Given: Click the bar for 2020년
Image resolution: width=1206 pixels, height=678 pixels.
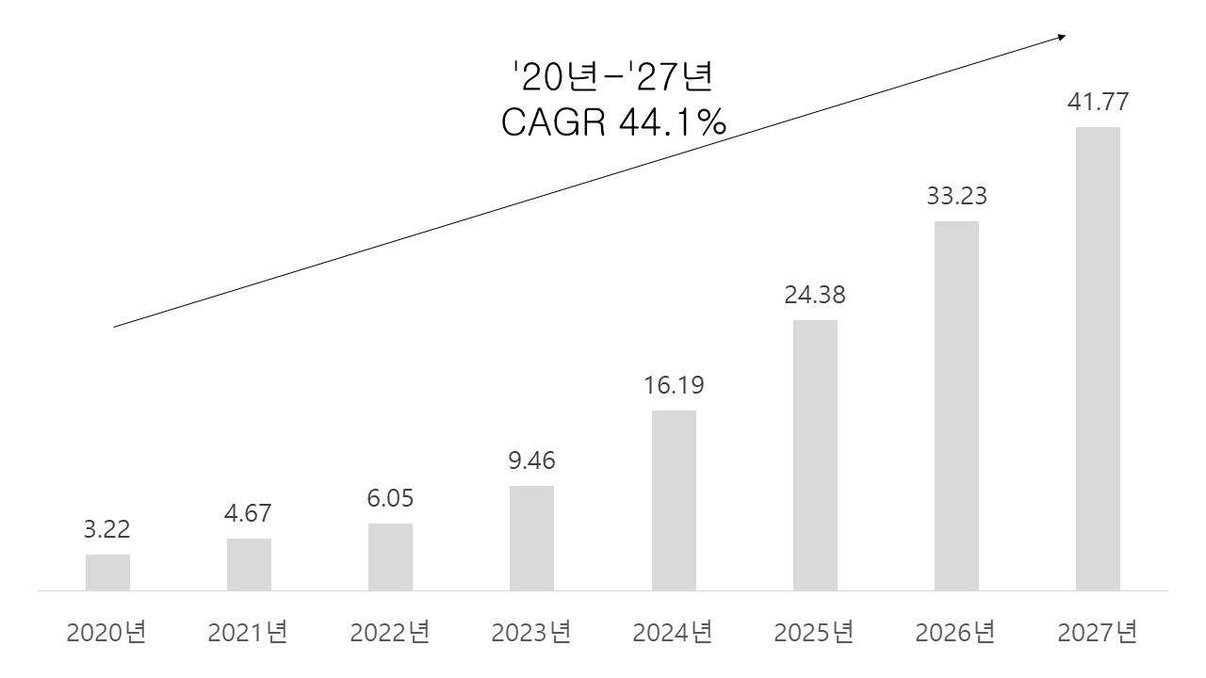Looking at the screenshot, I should point(107,573).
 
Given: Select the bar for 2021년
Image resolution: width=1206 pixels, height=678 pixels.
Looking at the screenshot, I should point(249,565).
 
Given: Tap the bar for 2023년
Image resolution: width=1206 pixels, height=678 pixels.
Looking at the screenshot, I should point(531,539).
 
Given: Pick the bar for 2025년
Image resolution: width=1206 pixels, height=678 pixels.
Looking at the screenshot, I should point(815,456).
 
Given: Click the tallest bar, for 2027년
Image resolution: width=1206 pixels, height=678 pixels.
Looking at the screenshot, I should point(1098,359).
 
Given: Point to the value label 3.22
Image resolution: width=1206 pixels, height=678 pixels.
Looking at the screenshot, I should point(106,529).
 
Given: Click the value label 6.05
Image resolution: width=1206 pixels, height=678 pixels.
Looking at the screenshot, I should point(390,498).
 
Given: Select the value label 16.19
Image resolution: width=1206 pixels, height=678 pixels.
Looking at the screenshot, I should point(673,385).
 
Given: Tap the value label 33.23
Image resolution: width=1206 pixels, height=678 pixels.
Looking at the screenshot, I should point(956,197).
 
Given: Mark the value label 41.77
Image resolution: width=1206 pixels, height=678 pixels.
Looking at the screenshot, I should point(1098,102).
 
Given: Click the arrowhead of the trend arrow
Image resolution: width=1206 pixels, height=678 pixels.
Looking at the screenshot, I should point(1061,37).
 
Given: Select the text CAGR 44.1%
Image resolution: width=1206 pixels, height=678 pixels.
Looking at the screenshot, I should point(613,121).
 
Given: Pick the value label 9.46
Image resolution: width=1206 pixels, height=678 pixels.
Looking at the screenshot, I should point(531,460).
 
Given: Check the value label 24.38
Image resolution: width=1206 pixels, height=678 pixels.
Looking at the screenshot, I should point(815,295).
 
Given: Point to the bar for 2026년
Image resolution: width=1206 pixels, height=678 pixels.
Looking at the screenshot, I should point(956,406).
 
